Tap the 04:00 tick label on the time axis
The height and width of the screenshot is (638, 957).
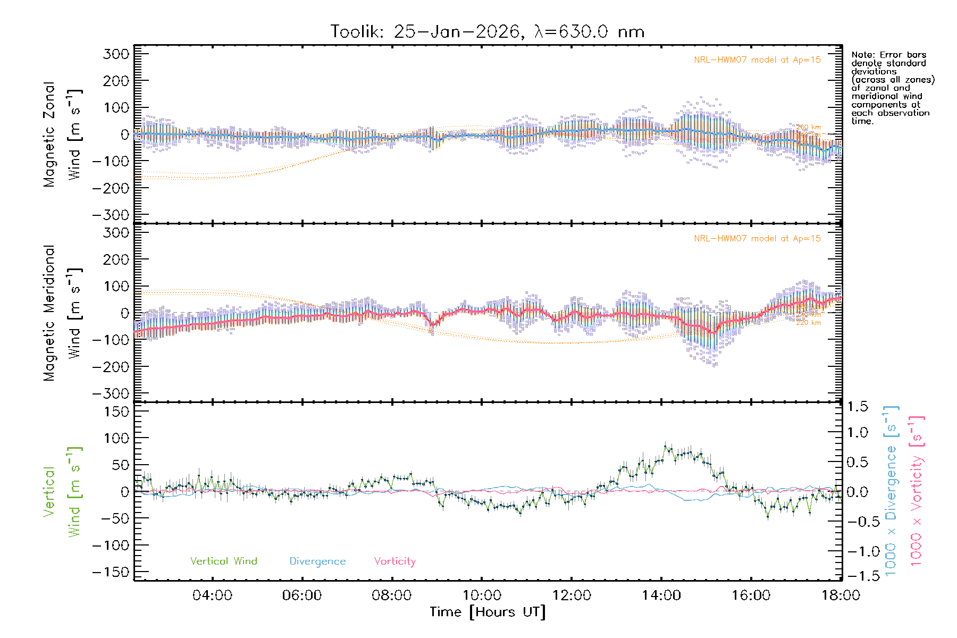pyautogui.click(x=212, y=595)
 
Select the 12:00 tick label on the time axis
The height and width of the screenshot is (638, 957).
pyautogui.click(x=572, y=595)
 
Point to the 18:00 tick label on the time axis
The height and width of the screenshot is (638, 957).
pyautogui.click(x=841, y=595)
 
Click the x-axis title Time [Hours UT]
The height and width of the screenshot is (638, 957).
pyautogui.click(x=487, y=612)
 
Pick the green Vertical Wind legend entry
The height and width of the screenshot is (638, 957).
pyautogui.click(x=223, y=561)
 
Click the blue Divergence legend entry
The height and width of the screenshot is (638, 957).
pyautogui.click(x=317, y=561)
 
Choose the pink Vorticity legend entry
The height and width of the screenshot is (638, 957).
pyautogui.click(x=394, y=561)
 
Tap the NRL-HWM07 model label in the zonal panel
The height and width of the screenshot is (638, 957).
pyautogui.click(x=757, y=60)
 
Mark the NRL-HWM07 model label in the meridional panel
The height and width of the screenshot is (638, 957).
pyautogui.click(x=757, y=239)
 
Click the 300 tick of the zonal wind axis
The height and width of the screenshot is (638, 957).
pyautogui.click(x=116, y=54)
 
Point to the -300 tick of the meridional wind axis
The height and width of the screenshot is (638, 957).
pyautogui.click(x=111, y=394)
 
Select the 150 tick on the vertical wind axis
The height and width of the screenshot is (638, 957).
pyautogui.click(x=116, y=412)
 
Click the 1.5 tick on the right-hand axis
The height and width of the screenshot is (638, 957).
pyautogui.click(x=858, y=407)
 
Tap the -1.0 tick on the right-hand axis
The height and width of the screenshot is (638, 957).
pyautogui.click(x=857, y=551)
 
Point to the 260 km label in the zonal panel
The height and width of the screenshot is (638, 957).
pyautogui.click(x=808, y=128)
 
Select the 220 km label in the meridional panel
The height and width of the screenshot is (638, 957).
pyautogui.click(x=808, y=323)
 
